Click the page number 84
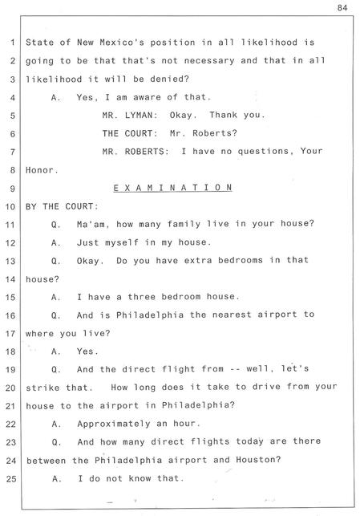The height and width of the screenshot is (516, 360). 342,7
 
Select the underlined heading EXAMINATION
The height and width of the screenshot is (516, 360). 172,188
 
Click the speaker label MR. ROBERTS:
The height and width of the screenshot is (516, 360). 136,152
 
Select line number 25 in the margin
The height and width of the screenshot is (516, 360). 11,478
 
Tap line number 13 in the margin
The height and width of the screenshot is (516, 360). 11,261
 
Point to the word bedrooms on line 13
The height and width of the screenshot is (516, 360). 241,260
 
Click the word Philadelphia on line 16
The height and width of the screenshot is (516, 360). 150,315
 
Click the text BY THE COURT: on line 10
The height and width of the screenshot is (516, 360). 62,206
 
